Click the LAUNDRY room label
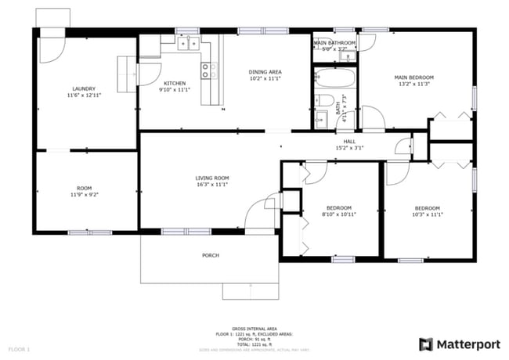83,88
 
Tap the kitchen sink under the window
188,44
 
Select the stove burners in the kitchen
209,71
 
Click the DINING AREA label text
265,72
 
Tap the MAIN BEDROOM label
413,77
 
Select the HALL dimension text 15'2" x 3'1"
349,148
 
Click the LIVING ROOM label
211,178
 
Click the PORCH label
210,255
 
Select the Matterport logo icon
426,344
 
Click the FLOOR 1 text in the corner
19,347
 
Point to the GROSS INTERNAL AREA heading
254,329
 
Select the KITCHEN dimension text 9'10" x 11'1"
175,89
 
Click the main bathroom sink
350,56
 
